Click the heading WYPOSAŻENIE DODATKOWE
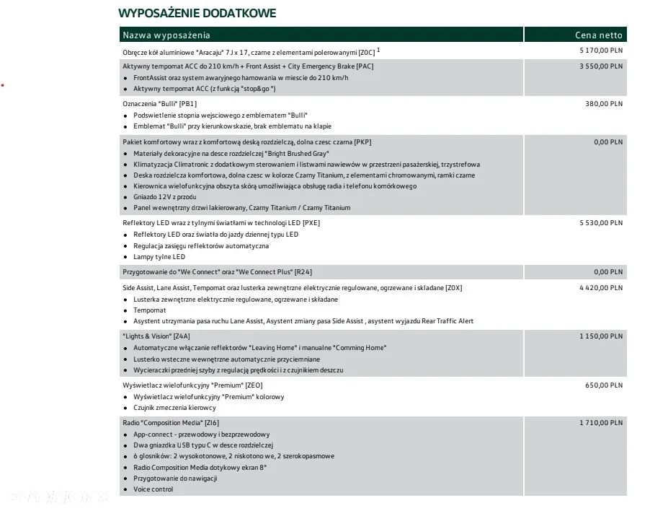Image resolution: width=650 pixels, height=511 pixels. click(197, 13)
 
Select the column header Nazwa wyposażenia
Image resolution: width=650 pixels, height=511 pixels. click(166, 35)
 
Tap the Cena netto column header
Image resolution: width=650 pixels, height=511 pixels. click(598, 35)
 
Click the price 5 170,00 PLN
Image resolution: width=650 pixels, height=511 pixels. click(601, 51)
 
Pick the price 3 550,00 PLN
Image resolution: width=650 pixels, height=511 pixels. click(601, 66)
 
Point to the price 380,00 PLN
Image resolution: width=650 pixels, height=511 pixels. click(604, 104)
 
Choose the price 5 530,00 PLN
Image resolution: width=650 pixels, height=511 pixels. click(601, 223)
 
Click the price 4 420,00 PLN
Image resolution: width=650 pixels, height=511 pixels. click(601, 288)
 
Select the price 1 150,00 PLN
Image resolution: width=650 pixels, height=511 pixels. click(601, 336)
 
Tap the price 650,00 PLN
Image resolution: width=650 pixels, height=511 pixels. click(604, 385)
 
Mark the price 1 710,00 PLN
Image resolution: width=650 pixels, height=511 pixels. click(601, 423)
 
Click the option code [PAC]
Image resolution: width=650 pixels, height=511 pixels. click(365, 66)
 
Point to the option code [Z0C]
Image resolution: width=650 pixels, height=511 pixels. click(367, 51)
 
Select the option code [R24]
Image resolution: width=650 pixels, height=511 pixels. click(303, 273)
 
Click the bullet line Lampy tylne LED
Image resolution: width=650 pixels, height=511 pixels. click(159, 257)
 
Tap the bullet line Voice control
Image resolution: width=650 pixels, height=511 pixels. click(153, 489)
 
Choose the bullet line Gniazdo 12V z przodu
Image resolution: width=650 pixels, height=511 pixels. click(165, 196)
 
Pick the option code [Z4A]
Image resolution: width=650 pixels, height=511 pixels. click(182, 336)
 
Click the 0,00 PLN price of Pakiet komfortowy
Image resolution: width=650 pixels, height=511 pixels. click(608, 142)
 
